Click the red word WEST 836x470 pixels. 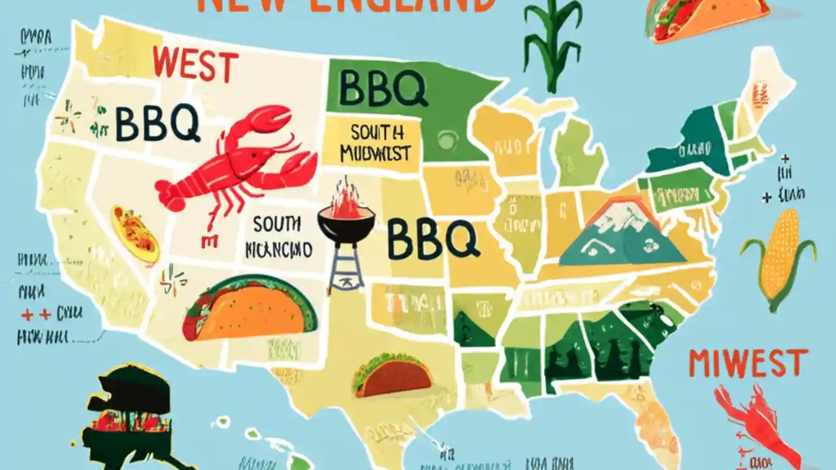(x=195, y=67)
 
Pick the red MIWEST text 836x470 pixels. (x=748, y=363)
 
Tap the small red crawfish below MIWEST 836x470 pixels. (x=758, y=418)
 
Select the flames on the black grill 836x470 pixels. (x=346, y=199)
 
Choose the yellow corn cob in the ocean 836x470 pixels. (x=779, y=255)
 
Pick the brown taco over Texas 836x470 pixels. (x=393, y=375)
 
